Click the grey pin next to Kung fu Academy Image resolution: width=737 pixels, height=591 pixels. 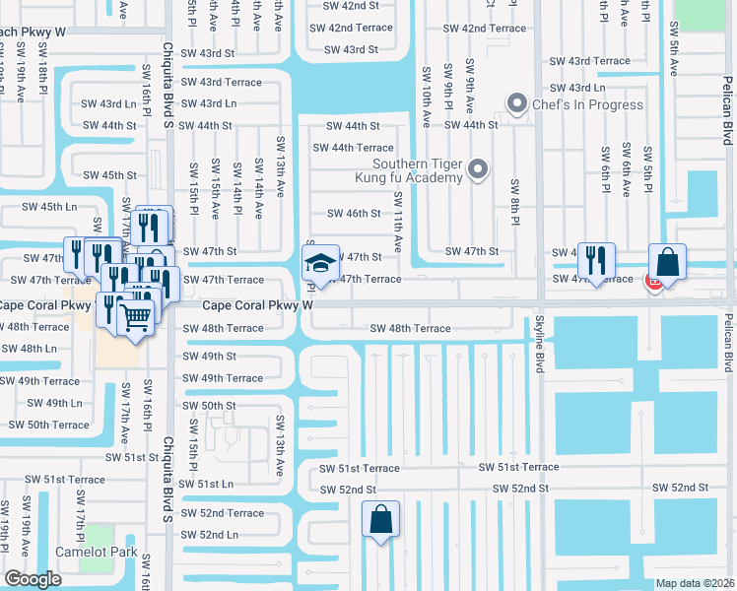click(x=478, y=169)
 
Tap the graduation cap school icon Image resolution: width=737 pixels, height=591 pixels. click(x=319, y=263)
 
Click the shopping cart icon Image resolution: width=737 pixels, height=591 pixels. click(x=136, y=316)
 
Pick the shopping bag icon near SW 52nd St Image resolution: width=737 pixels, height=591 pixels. click(x=381, y=519)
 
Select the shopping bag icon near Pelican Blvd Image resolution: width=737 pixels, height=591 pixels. click(x=667, y=263)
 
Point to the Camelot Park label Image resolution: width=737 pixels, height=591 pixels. click(x=96, y=553)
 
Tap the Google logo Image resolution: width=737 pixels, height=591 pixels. click(x=33, y=579)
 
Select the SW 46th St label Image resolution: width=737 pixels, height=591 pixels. click(x=353, y=214)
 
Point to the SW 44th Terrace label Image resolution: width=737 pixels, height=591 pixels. click(x=353, y=148)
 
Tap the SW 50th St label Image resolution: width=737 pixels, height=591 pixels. click(x=209, y=406)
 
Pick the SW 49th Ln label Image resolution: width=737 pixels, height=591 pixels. click(x=54, y=403)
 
